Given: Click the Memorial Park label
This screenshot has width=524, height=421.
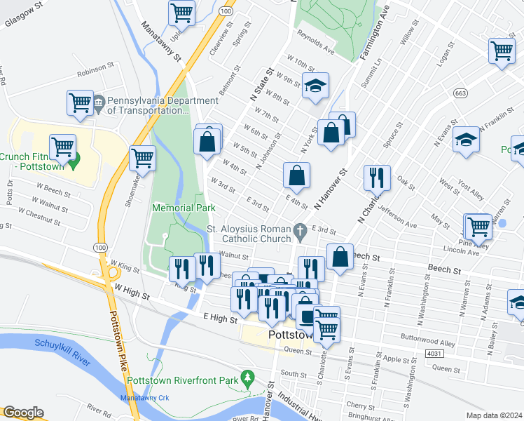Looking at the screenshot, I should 184,208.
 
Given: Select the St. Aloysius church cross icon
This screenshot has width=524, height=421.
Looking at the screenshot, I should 300,230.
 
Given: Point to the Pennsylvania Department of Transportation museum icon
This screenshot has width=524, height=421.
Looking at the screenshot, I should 99,103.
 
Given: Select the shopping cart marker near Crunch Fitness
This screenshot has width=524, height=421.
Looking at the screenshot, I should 63,148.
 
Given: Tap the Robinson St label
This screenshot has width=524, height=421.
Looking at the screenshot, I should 95,68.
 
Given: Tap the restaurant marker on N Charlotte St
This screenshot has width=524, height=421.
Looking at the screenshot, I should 377,179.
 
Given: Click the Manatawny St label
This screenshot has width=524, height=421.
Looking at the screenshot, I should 162,41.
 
